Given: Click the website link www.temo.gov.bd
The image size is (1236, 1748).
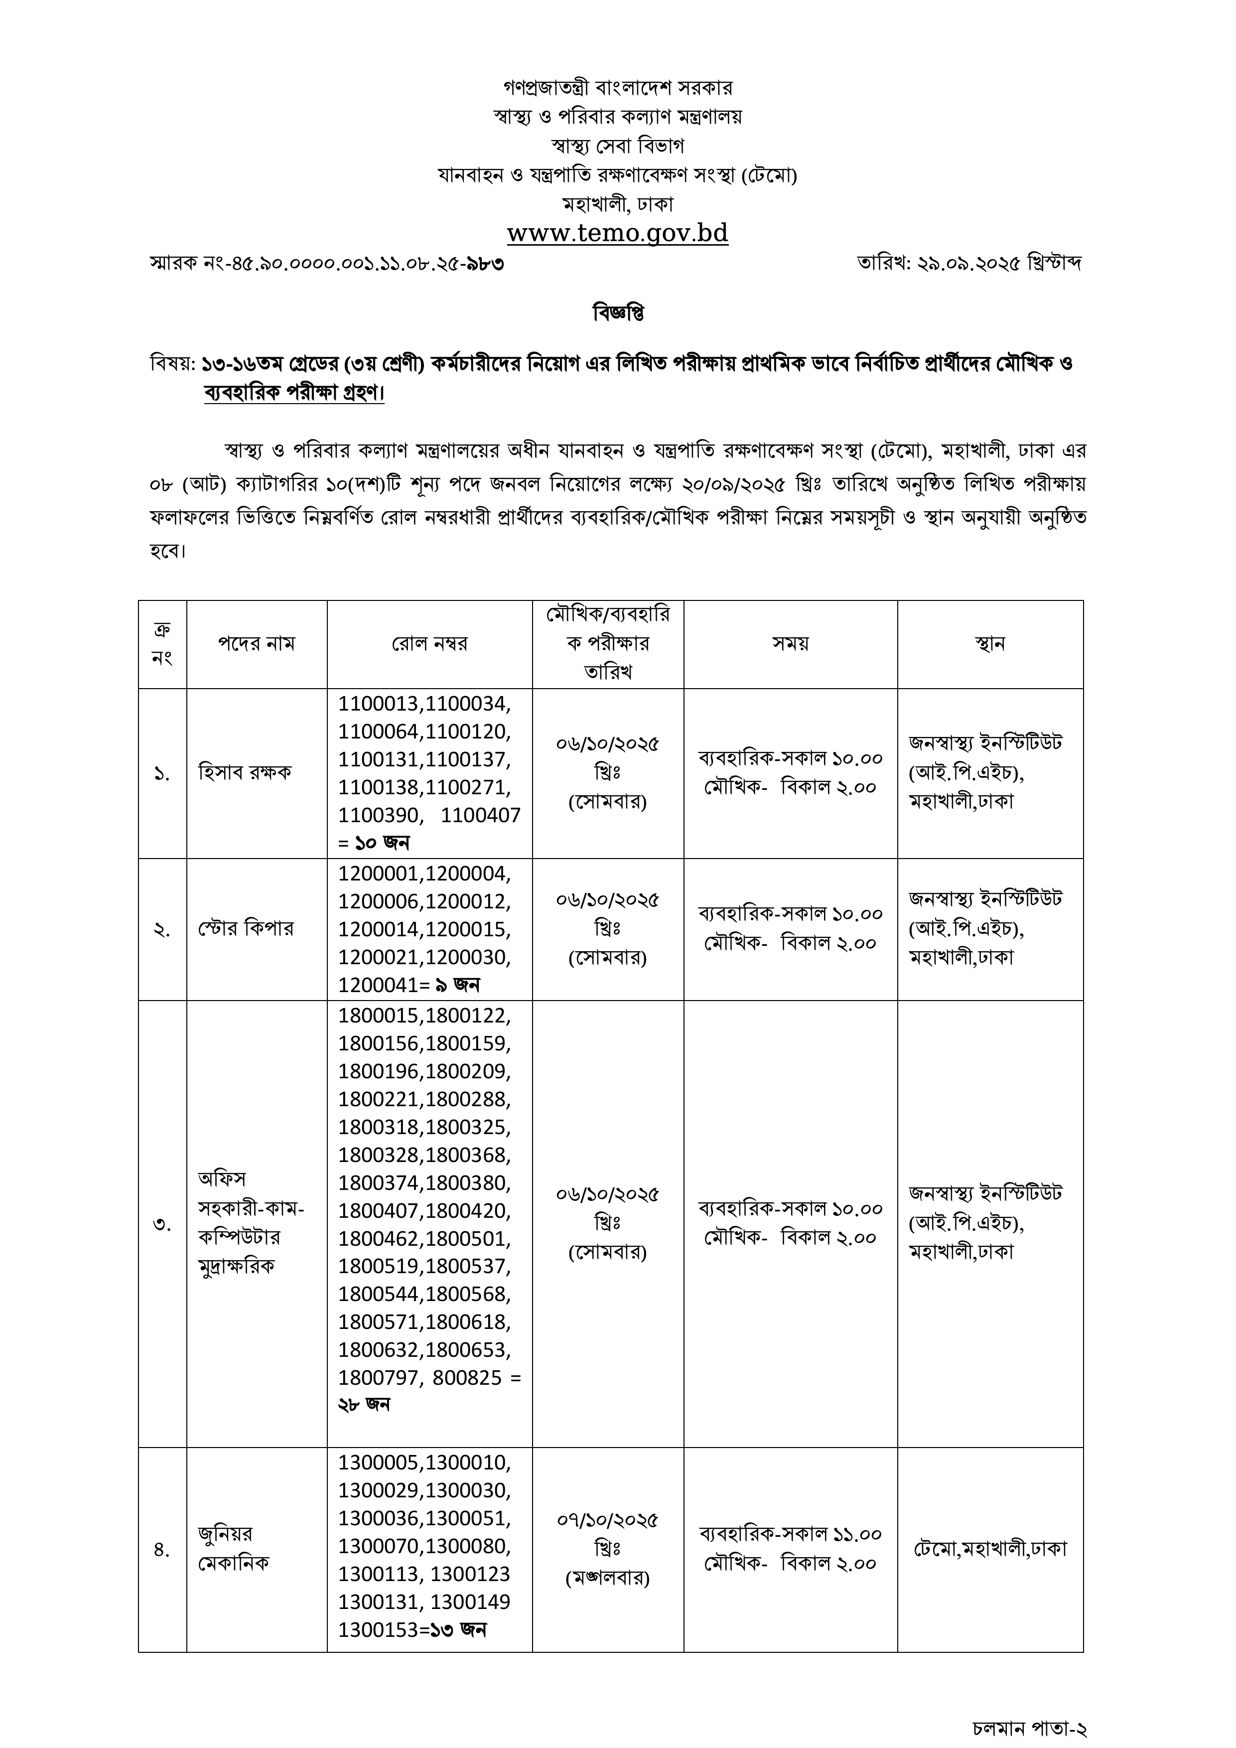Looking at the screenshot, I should [617, 233].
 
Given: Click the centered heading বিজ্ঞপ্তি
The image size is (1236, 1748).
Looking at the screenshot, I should [618, 313].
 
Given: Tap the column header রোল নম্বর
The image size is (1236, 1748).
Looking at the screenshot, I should [429, 644].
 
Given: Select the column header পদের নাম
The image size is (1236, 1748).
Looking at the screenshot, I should [257, 644].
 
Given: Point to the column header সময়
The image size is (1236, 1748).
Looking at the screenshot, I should [790, 644].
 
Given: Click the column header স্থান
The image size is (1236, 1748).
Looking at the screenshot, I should [989, 644].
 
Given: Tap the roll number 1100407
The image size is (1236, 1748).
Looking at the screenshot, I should [480, 815].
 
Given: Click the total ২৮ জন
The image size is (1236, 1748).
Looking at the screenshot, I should [364, 1405].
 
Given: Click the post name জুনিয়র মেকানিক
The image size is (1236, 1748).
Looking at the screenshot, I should [233, 1549].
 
